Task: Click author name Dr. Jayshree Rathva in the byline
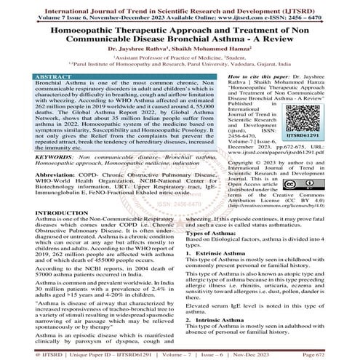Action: [x=139, y=50]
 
